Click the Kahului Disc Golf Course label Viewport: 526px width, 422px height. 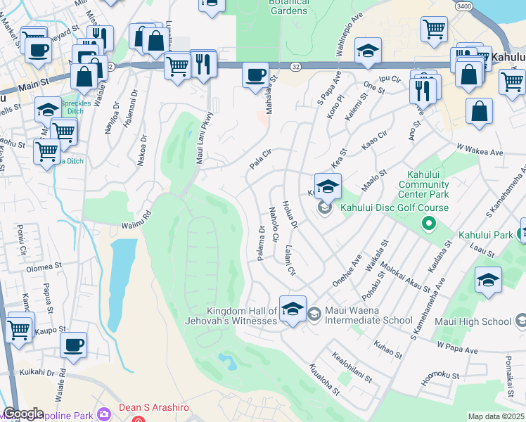coord(394,207)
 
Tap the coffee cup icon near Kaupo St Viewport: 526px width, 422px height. coord(73,345)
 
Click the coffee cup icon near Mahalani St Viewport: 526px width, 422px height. coord(256,75)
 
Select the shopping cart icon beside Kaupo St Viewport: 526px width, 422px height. coord(18,328)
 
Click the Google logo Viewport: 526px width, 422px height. coord(23,414)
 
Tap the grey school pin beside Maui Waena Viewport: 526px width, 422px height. coord(314,312)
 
